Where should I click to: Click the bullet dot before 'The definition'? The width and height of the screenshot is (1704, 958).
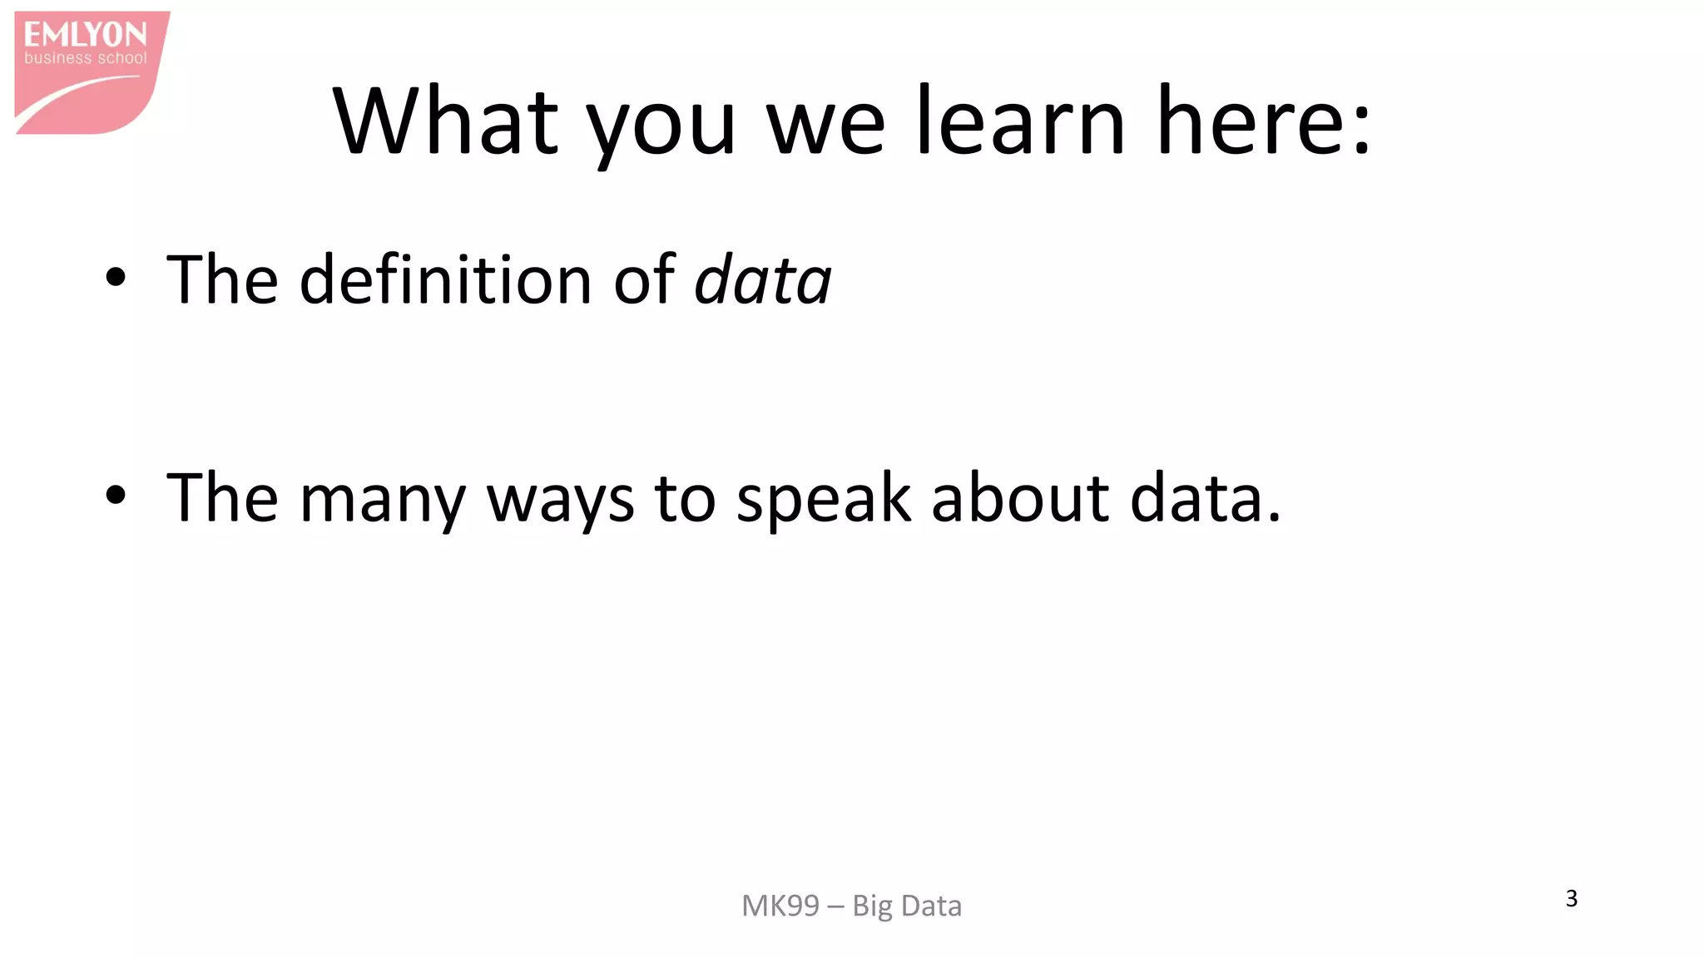pyautogui.click(x=116, y=278)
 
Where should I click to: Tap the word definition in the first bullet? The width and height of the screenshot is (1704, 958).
pyautogui.click(x=445, y=279)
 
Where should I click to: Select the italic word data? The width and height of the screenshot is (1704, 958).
pyautogui.click(x=762, y=280)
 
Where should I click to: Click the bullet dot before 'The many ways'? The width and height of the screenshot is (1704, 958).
pyautogui.click(x=116, y=496)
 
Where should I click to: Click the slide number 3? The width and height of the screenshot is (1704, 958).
pyautogui.click(x=1571, y=898)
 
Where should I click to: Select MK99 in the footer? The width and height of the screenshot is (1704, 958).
pyautogui.click(x=780, y=906)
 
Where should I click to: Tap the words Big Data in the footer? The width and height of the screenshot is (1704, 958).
pyautogui.click(x=907, y=906)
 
